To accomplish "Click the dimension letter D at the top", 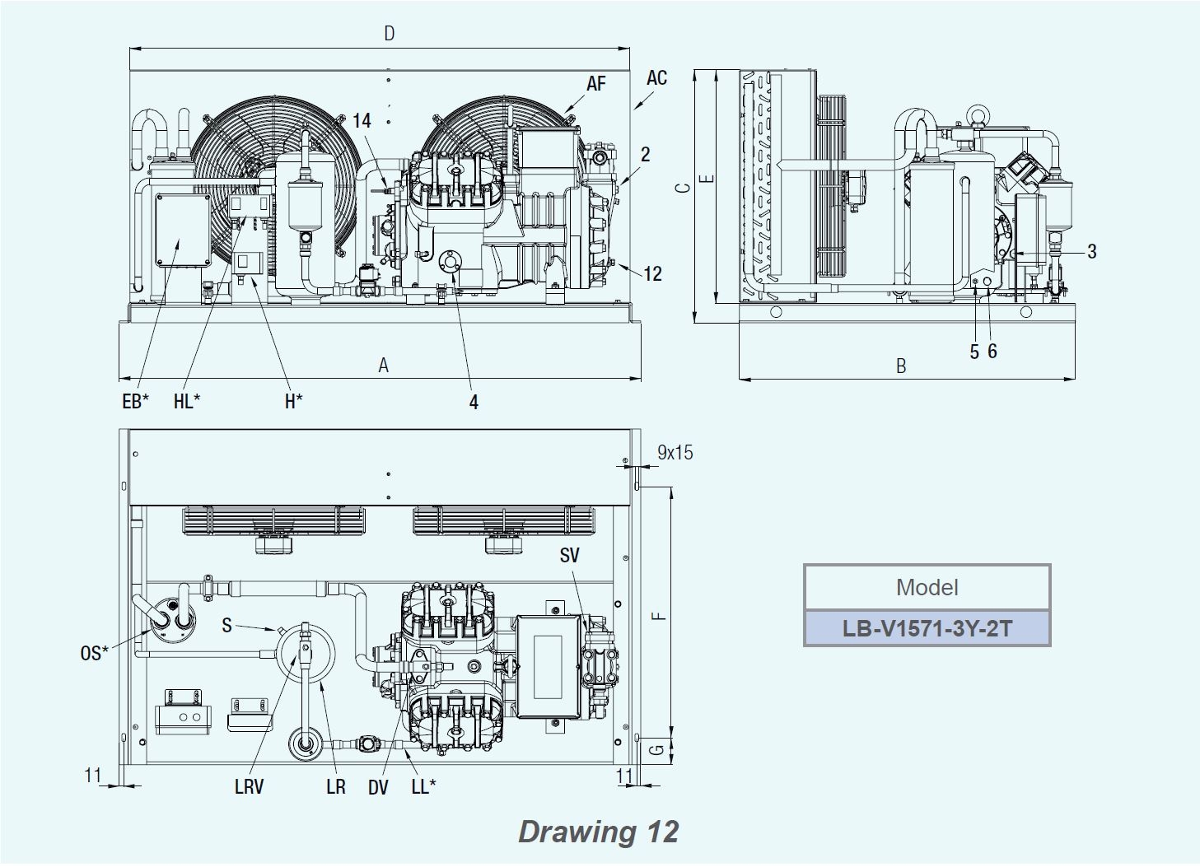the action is pyautogui.click(x=390, y=34).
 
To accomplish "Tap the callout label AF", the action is pyautogui.click(x=595, y=83).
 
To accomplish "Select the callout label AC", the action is pyautogui.click(x=656, y=78).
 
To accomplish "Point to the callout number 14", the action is pyautogui.click(x=362, y=120).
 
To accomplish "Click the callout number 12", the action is pyautogui.click(x=652, y=273).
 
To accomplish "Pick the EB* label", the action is pyautogui.click(x=136, y=401).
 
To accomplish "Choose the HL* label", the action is pyautogui.click(x=187, y=401).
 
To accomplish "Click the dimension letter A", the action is pyautogui.click(x=383, y=366).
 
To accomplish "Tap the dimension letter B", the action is pyautogui.click(x=901, y=366).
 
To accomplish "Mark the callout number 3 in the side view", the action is pyautogui.click(x=1092, y=251).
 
